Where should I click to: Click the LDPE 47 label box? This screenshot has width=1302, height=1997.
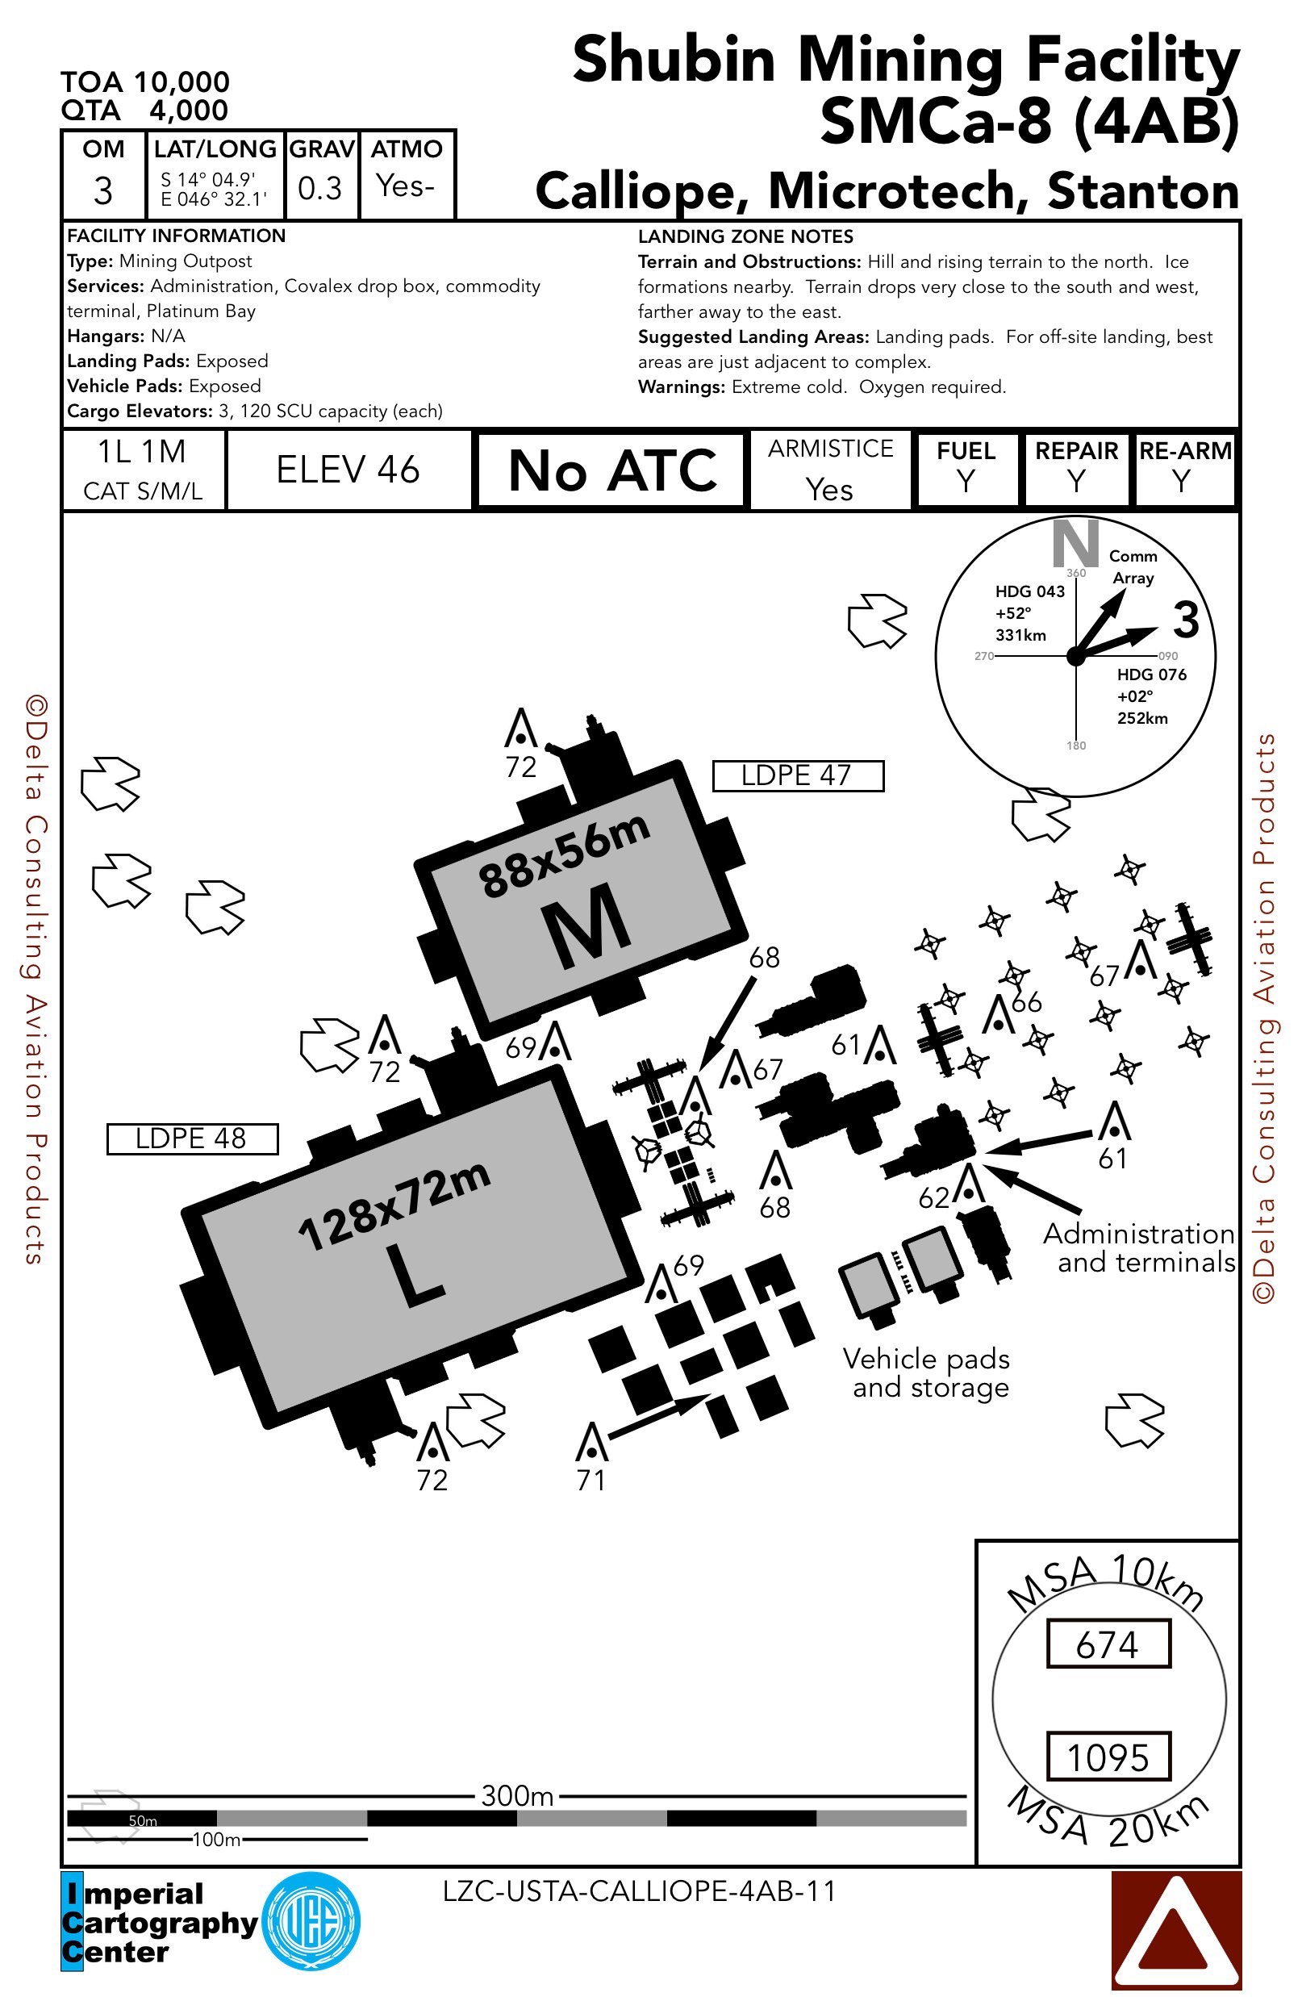coord(797,775)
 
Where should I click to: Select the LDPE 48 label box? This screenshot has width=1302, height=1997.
coord(192,1138)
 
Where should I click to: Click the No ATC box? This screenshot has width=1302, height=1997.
coord(611,470)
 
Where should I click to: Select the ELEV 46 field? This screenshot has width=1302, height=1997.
coord(348,470)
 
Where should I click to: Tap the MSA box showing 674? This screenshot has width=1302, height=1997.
coord(1108,1644)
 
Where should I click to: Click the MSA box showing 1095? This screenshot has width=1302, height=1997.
coord(1108,1757)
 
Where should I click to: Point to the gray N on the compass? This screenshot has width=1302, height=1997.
coord(1075,543)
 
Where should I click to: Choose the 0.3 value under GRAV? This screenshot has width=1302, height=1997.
coord(319,188)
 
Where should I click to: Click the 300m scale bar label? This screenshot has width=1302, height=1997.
coord(517,1794)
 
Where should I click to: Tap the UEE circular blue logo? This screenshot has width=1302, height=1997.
coord(311,1920)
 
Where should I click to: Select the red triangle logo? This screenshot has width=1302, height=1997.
coord(1175,1930)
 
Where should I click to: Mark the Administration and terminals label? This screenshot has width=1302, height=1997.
coord(1139,1247)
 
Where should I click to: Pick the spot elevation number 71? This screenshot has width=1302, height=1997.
coord(591,1479)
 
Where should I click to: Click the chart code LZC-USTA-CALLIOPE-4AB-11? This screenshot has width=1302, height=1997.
coord(639,1890)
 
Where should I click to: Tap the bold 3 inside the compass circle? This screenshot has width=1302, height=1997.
coord(1185,620)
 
